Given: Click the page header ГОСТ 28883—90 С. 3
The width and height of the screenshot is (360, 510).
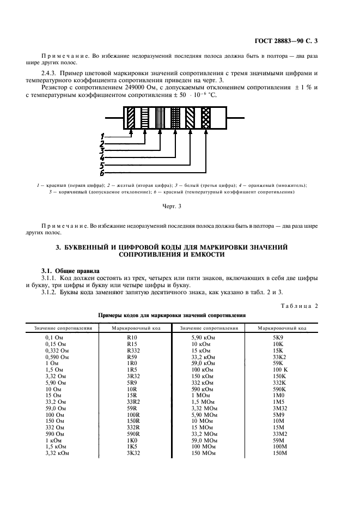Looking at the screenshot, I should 285,41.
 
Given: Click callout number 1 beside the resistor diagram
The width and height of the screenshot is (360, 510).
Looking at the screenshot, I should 102,136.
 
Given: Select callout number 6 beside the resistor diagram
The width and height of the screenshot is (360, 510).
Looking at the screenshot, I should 102,173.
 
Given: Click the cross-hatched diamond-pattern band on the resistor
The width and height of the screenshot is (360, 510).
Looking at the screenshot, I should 206,117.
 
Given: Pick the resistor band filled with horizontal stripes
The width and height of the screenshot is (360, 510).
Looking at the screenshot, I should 145,117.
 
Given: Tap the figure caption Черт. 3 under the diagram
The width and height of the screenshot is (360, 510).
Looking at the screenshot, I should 172,206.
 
